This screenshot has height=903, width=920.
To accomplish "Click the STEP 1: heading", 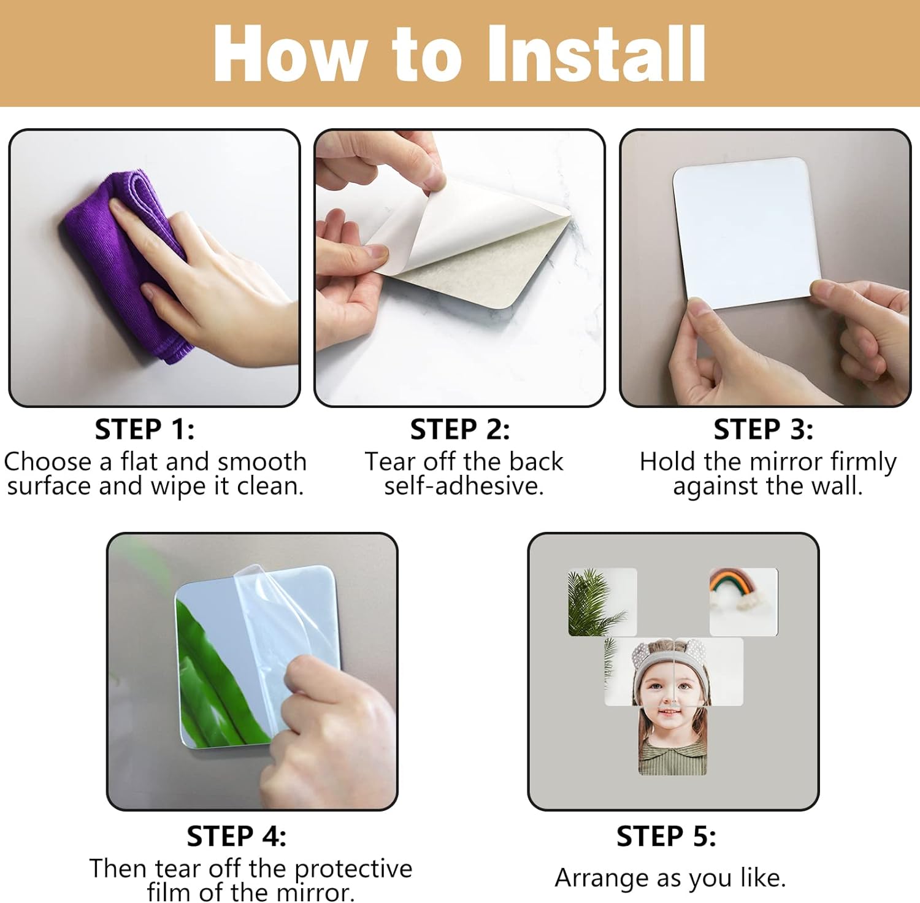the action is click(145, 429).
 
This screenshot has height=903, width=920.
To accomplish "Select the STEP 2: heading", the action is click(460, 429).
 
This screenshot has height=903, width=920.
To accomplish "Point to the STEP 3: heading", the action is click(764, 429).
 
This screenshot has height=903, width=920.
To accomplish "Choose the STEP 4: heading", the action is click(237, 836).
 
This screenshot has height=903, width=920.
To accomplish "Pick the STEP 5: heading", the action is click(667, 836).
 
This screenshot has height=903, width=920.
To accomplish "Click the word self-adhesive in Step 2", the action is click(464, 486).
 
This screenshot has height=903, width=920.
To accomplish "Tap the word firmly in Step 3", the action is click(864, 462).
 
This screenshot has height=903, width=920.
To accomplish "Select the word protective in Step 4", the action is click(353, 869).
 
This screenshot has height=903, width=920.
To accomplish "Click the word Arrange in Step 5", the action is click(603, 878).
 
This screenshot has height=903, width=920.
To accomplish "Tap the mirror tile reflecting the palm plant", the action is click(602, 602).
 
